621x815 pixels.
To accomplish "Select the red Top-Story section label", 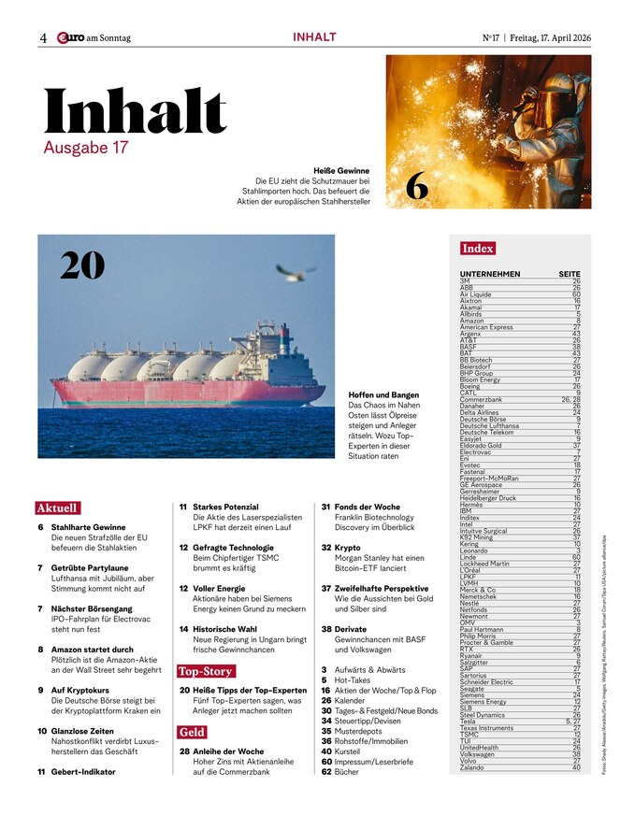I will click(x=206, y=671).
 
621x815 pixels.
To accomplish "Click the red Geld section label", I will click(x=192, y=732).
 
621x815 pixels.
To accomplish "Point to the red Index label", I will click(x=477, y=249).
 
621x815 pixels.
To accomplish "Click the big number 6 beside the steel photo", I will click(x=417, y=187).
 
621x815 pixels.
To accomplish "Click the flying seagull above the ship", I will click(x=294, y=271).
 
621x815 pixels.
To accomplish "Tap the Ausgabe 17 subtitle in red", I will click(x=85, y=148).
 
